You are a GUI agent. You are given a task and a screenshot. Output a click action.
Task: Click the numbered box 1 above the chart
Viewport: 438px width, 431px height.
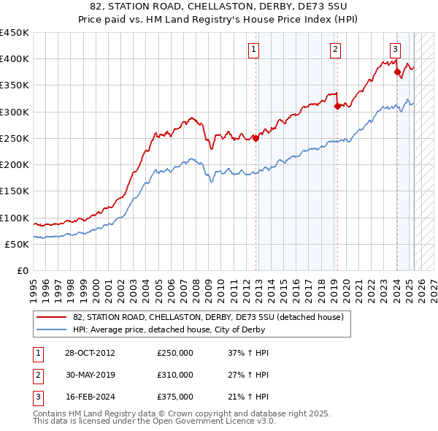coord(253,50)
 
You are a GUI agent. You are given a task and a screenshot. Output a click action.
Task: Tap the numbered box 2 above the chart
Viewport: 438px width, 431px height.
coord(334,50)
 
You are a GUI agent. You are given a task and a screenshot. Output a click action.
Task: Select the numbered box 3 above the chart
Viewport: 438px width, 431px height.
coord(395,50)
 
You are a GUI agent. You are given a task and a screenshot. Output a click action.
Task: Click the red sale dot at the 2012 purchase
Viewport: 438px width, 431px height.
coord(256,139)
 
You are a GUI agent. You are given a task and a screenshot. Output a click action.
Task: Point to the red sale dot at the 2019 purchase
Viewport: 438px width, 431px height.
coord(337,106)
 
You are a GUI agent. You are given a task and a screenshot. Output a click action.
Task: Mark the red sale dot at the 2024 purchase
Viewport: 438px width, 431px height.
coord(398,72)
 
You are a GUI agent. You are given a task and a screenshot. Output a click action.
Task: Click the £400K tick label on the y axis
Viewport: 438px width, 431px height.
coord(15,59)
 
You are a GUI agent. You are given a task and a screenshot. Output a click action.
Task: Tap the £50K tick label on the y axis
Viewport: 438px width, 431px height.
coord(18,245)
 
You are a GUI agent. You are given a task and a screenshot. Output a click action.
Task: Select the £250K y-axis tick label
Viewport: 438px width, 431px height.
coord(15,138)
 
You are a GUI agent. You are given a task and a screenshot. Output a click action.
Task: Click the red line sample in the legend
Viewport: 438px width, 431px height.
coord(51,317)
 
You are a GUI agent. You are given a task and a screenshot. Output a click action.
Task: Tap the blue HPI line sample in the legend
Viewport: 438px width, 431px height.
coord(51,330)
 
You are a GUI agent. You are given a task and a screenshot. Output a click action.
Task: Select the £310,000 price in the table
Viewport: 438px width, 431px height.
coord(175,375)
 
